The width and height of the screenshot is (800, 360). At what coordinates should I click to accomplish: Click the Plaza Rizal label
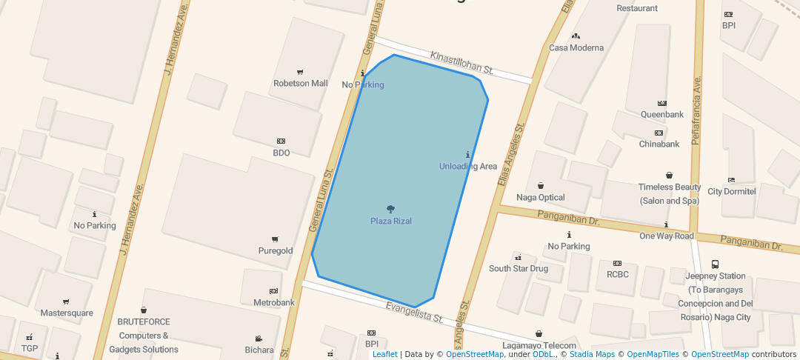point(391,221)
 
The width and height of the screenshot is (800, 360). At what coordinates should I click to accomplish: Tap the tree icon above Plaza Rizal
point(391,209)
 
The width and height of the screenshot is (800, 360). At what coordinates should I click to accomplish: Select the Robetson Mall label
point(300,83)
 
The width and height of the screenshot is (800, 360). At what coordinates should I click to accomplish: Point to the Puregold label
point(274,250)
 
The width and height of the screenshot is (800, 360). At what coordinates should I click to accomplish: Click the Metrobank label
point(274,302)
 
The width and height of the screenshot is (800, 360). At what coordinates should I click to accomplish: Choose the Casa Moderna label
point(576,47)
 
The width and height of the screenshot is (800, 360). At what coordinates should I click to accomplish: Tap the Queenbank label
point(661,114)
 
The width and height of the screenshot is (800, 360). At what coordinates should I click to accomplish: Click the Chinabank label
point(659,144)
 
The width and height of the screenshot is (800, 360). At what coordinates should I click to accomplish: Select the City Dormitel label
point(731,191)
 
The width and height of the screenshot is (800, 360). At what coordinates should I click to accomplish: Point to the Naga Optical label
point(540,197)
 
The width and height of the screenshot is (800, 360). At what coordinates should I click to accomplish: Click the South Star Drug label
point(518,268)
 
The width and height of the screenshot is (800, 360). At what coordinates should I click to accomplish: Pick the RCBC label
point(617,274)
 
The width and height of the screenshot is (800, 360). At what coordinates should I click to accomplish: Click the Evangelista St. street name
point(414,312)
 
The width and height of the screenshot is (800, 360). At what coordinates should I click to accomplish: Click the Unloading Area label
point(467,166)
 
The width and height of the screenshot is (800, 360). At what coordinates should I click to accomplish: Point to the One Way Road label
point(666,236)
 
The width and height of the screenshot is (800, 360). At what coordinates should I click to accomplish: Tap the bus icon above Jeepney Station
point(715,264)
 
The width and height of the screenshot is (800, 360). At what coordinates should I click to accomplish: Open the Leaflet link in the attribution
point(384,354)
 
